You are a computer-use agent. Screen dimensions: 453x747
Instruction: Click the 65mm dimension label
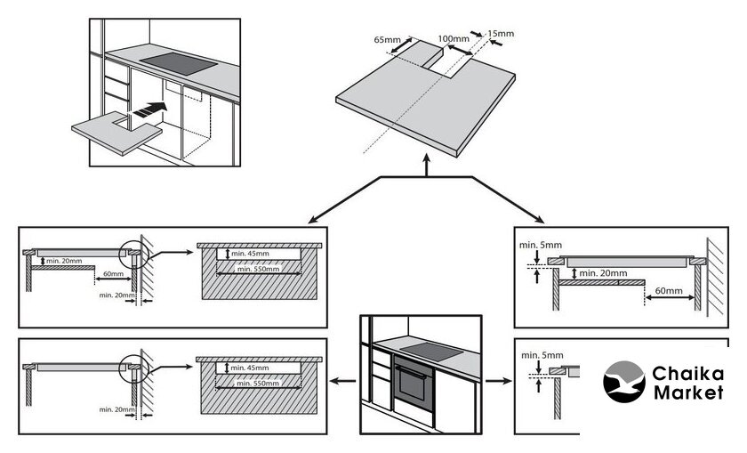tap(387, 40)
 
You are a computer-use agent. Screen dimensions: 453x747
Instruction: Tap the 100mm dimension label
tap(454, 39)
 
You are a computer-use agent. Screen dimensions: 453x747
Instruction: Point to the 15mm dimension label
tap(501, 34)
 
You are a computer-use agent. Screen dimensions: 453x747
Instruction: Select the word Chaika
tap(688, 374)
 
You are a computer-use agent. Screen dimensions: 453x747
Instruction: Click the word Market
tap(688, 392)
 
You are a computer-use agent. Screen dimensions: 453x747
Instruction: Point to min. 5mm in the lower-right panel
tap(542, 355)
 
